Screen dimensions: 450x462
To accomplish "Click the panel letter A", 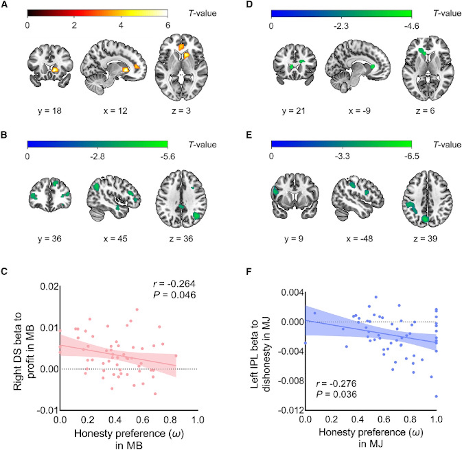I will [4, 5].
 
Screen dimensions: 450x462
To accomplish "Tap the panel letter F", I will [249, 271].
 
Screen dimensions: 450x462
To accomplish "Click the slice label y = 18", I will [50, 111].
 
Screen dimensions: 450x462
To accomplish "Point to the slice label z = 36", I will [181, 239].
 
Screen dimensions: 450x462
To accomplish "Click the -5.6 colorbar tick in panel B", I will [167, 156].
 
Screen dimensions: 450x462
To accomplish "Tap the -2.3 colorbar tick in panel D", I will [341, 26].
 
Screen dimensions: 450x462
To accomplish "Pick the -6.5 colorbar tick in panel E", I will [411, 156].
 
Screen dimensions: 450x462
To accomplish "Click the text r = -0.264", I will [174, 283].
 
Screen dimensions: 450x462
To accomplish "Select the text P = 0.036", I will [336, 394].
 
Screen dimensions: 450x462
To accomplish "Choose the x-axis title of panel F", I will [371, 437].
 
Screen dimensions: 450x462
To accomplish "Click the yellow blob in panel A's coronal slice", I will [55, 70].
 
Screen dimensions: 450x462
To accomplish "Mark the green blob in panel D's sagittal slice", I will [372, 66].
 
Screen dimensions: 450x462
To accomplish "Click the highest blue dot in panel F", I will [376, 297].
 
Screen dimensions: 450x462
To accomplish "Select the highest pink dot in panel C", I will [137, 309].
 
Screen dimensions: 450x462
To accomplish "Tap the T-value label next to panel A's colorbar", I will [202, 13].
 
